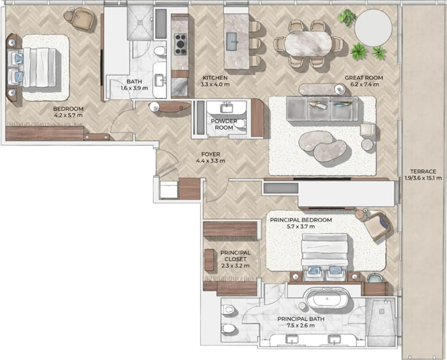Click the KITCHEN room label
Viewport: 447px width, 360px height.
coord(215,77)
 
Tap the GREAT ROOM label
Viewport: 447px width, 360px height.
coord(364,77)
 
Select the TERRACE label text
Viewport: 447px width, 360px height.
coord(423,171)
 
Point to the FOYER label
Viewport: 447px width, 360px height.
coord(211,154)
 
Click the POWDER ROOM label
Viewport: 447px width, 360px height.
coord(224,124)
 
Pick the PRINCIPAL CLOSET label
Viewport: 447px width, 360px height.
coord(236,256)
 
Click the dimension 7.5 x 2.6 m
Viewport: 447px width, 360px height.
coord(301,326)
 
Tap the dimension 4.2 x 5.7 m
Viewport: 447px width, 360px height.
coord(68,115)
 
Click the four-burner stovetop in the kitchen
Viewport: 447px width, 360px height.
coord(181,44)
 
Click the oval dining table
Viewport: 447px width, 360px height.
coord(308,43)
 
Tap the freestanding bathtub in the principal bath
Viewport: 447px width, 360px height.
coord(327,299)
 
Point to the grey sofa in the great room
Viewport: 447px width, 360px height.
coord(322,109)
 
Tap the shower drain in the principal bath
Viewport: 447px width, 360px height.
coord(381,311)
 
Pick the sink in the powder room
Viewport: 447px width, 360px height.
coord(227,108)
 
